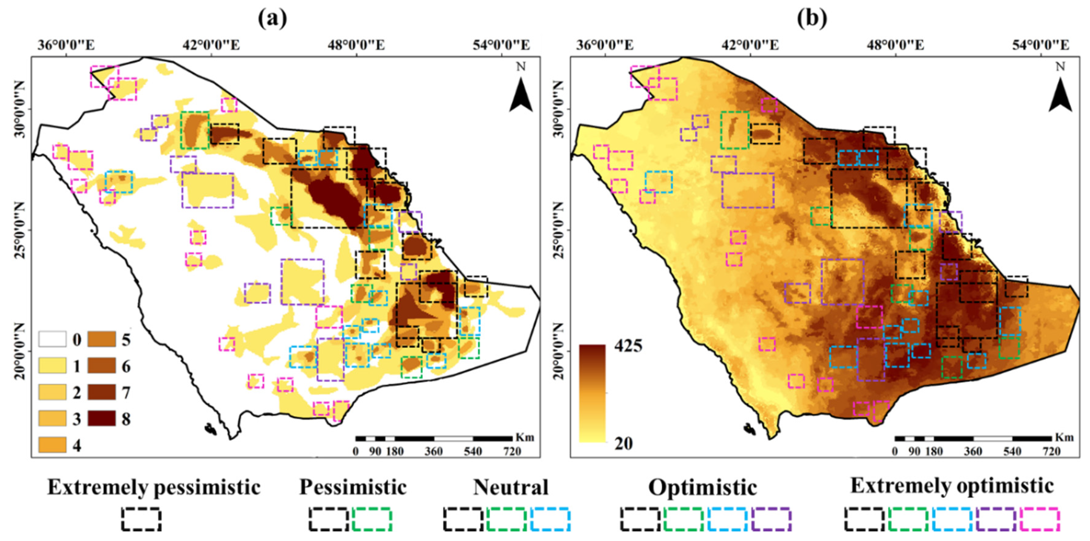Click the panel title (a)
point(272,18)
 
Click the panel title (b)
point(812,18)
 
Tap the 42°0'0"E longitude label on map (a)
point(212,45)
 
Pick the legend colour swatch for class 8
point(102,419)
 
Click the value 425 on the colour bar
point(628,346)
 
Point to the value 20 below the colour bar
point(623,443)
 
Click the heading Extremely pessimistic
point(154,487)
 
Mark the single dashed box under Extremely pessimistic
point(141,519)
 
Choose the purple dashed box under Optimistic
point(772,519)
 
